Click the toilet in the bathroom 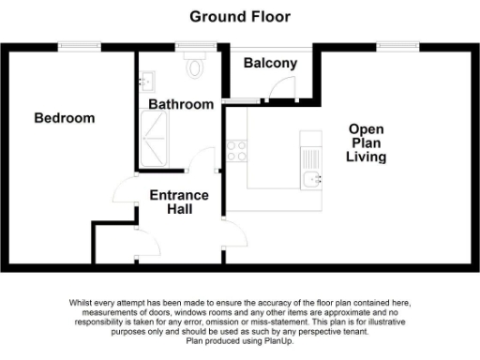click(x=196, y=66)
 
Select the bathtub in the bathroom click(x=156, y=139)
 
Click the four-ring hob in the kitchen click(x=237, y=150)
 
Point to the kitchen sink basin click(x=311, y=178)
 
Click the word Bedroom click(x=65, y=118)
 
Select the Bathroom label click(x=182, y=104)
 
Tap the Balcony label click(x=270, y=64)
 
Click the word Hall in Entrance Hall click(x=179, y=209)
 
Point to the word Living click(x=366, y=157)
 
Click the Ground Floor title click(x=240, y=16)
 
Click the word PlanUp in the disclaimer click(x=278, y=339)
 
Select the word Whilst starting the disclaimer click(x=82, y=303)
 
